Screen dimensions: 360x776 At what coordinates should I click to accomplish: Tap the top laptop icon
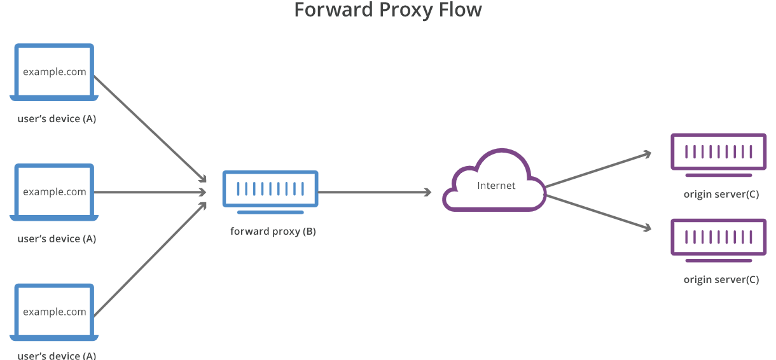[x=54, y=72]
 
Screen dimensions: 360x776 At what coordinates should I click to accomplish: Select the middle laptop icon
[x=54, y=192]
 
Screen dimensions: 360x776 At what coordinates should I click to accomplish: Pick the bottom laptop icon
[x=54, y=312]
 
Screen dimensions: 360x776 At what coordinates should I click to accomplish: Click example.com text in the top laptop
[x=55, y=72]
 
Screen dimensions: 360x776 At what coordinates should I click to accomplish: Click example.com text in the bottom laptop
[x=55, y=312]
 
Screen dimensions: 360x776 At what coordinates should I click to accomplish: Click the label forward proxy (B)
[x=273, y=232]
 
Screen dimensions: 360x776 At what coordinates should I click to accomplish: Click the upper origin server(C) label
[x=721, y=195]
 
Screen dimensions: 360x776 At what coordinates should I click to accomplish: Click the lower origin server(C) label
[x=721, y=280]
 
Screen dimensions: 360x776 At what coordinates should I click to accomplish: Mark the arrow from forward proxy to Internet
[x=375, y=192]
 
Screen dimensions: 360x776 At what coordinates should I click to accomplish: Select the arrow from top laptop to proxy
[x=149, y=128]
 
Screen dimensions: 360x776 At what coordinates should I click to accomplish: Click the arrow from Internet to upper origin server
[x=598, y=170]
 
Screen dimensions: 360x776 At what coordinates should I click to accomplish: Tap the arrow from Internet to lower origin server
[x=598, y=212]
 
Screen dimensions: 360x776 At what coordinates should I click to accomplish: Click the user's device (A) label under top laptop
[x=57, y=119]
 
